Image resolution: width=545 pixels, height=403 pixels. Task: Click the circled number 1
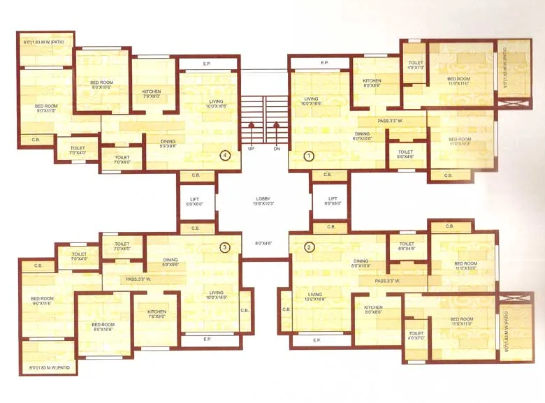click(x=308, y=156)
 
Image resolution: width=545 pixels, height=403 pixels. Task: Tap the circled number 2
click(x=308, y=247)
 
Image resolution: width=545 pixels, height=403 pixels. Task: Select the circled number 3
click(x=224, y=247)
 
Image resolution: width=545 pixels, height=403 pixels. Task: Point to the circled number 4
click(x=224, y=155)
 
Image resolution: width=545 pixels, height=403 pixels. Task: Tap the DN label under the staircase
click(x=277, y=149)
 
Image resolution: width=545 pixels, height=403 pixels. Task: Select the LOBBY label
click(x=263, y=200)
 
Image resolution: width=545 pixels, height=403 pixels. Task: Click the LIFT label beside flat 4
click(x=195, y=200)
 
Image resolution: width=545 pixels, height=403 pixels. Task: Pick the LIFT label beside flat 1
click(x=333, y=200)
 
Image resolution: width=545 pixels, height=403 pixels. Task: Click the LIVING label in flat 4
click(x=216, y=102)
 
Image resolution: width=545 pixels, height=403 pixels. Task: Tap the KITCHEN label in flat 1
click(x=372, y=82)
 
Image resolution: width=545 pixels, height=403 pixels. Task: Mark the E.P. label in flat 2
click(x=317, y=340)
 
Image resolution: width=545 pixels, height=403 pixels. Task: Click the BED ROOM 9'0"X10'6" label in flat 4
click(x=101, y=85)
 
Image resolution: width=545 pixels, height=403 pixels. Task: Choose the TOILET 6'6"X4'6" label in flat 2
click(x=406, y=246)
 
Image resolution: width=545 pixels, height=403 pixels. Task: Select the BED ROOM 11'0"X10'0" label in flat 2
click(x=464, y=265)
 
